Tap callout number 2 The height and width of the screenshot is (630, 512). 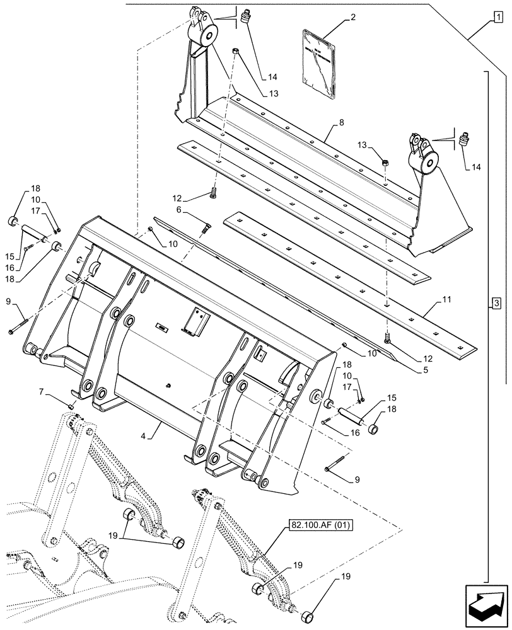(x=352, y=18)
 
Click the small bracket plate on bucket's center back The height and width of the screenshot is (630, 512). (x=194, y=321)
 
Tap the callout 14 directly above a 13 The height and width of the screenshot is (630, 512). (x=272, y=77)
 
